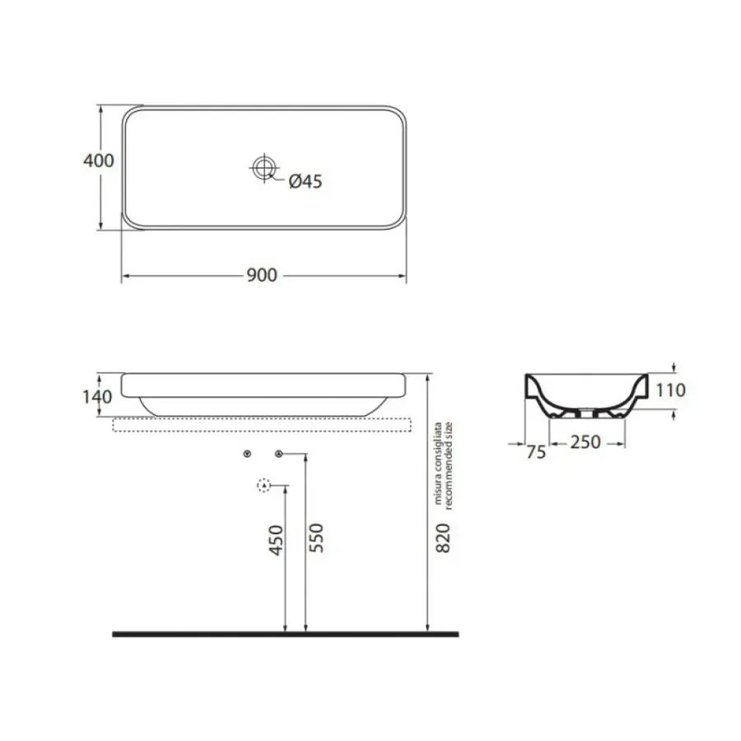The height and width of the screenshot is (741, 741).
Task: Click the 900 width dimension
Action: coord(262,275)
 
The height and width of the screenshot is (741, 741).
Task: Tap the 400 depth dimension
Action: coord(98,161)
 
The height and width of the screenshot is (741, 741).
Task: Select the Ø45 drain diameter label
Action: coord(305,181)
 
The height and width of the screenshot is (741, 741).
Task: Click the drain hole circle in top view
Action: coord(263,167)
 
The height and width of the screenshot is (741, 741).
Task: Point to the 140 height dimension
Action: coord(97,397)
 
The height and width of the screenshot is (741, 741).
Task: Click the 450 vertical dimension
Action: coord(276,539)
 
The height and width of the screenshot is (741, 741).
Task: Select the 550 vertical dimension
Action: coord(315,538)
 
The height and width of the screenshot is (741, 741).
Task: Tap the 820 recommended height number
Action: coord(442,538)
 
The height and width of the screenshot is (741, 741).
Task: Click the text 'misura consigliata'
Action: coord(438,463)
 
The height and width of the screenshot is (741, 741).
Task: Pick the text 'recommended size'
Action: coord(449,465)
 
